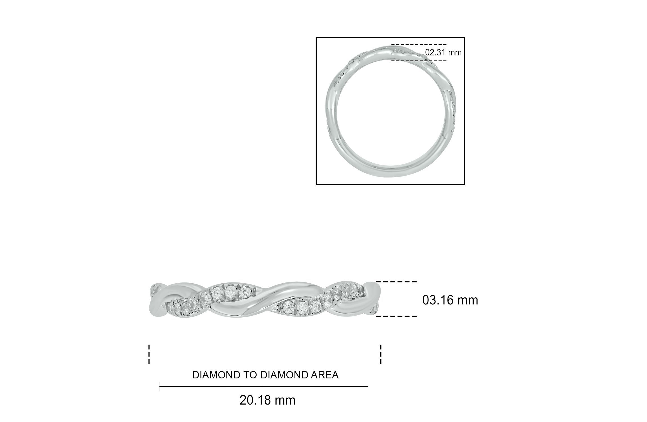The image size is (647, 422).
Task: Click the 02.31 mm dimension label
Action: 443,52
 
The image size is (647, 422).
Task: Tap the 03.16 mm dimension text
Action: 450,300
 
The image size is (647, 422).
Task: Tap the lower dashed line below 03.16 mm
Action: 396,316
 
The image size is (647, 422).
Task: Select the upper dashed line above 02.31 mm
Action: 419,44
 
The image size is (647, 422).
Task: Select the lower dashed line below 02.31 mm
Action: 419,61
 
